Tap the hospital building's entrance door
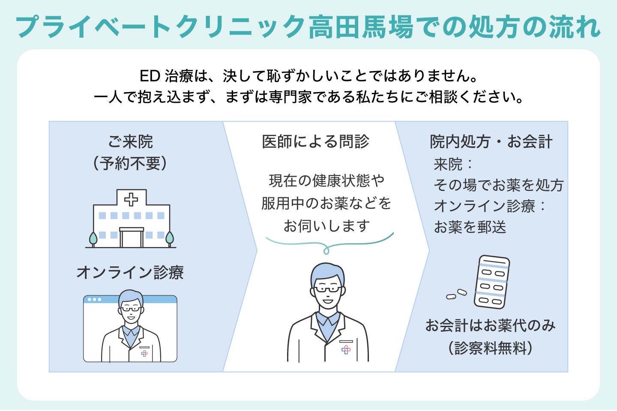(132, 238)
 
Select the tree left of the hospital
(93, 239)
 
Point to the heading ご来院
(131, 142)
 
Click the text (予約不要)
(131, 163)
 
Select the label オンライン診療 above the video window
(130, 272)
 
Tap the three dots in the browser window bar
(94, 299)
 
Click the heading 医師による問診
(315, 142)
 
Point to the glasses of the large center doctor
(328, 289)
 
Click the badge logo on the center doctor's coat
(346, 350)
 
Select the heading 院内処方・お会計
(491, 142)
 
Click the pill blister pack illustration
(492, 282)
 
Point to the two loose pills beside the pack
(457, 294)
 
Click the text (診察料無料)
(491, 348)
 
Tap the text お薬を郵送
(470, 227)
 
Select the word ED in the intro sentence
(150, 76)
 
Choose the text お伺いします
(326, 226)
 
